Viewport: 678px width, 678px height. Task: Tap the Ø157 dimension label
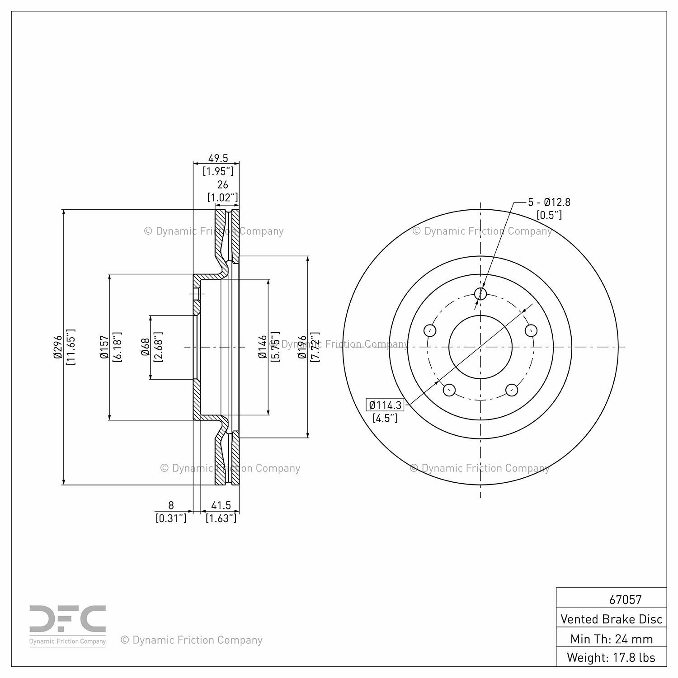click(x=104, y=347)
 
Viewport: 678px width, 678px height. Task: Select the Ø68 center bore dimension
click(x=145, y=347)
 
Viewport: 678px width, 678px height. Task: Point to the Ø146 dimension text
click(x=262, y=347)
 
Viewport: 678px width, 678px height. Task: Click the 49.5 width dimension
click(x=218, y=158)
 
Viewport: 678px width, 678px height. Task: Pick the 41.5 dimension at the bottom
click(x=221, y=505)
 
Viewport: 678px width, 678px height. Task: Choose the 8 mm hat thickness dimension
click(x=171, y=505)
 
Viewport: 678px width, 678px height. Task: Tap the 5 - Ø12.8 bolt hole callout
click(x=549, y=202)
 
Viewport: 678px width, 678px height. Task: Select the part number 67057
click(x=626, y=599)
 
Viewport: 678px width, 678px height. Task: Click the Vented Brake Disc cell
click(x=612, y=619)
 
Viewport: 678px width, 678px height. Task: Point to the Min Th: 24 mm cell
click(x=612, y=639)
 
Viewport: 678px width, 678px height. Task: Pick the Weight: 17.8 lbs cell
click(x=612, y=657)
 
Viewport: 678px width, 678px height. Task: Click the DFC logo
click(x=68, y=626)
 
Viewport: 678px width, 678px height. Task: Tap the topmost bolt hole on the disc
click(x=480, y=294)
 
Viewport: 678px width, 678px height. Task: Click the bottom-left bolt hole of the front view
click(x=449, y=389)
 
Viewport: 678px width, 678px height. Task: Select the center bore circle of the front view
click(x=480, y=347)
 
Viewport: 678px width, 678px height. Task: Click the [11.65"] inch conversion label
click(x=70, y=347)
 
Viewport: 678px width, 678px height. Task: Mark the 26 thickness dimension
click(x=222, y=184)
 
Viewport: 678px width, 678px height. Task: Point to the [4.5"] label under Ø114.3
click(x=385, y=418)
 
